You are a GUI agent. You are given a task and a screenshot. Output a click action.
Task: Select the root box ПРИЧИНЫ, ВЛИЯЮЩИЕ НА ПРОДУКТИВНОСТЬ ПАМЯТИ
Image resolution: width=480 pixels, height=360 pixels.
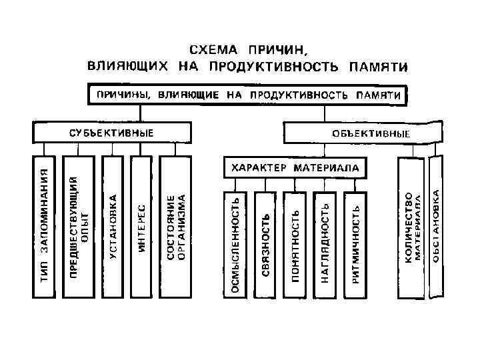point(247,95)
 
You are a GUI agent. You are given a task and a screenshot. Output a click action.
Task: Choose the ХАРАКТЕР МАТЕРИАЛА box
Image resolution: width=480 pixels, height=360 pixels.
point(295,168)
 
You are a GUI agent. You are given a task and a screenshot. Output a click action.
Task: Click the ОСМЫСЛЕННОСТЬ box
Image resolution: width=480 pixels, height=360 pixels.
point(235,243)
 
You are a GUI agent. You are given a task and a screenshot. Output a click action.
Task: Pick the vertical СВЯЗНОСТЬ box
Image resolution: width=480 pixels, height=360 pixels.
point(265,243)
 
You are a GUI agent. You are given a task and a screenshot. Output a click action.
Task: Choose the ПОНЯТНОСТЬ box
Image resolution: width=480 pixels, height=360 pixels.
point(296,243)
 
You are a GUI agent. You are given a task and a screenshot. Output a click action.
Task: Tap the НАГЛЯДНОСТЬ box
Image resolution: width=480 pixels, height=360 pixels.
point(326,243)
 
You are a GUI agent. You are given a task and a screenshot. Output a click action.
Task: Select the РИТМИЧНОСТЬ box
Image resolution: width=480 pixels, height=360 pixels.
point(356,243)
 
